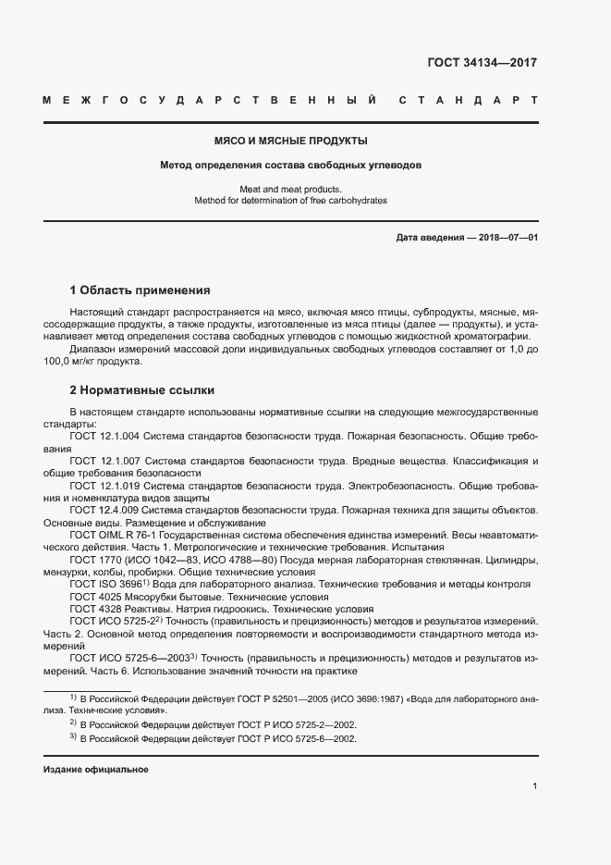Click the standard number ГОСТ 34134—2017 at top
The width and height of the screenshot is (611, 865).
point(482,63)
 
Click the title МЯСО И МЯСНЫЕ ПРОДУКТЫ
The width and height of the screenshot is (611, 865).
point(290,142)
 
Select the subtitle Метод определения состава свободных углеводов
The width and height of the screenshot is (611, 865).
point(290,167)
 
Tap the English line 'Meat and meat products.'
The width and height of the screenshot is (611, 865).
point(290,190)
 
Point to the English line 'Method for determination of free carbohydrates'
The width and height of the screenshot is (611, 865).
point(290,200)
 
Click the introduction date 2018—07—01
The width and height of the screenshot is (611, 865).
point(506,238)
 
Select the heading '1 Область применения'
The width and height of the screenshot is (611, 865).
point(141,290)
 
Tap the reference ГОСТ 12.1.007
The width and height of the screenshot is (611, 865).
point(104,461)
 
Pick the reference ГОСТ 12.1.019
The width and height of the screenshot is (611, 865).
point(104,485)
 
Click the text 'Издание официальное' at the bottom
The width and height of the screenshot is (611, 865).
point(95,770)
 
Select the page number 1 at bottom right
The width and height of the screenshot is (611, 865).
point(535,786)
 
